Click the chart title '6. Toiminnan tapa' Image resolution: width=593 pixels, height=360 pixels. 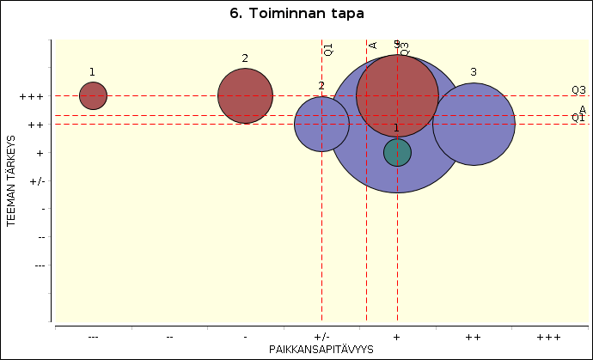pos(296,14)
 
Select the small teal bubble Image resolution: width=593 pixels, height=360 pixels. pos(397,152)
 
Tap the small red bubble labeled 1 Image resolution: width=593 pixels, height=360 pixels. pos(93,95)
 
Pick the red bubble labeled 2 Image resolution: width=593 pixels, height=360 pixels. pos(245,95)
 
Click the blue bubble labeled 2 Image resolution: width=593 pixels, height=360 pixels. pos(321,124)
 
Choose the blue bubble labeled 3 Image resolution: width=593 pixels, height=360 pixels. pos(474,124)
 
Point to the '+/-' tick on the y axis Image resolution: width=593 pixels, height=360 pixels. pos(37,180)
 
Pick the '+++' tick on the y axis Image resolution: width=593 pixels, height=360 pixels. pos(31,96)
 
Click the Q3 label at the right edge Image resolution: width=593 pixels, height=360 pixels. pos(578,90)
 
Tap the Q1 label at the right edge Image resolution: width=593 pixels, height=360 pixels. pos(578,118)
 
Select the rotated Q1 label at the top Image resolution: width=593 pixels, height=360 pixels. pos(328,50)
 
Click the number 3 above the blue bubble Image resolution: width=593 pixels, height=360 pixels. pos(474,72)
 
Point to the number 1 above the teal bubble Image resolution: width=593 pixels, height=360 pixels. pos(396,128)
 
